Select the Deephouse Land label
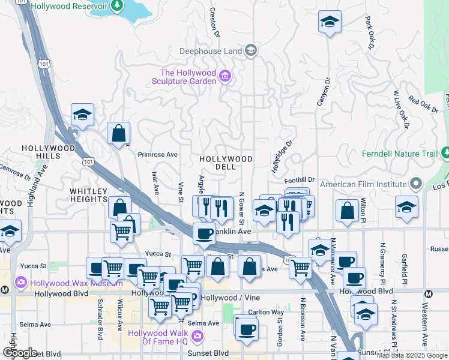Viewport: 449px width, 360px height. [x=211, y=51]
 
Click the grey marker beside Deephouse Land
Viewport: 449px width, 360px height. [x=251, y=50]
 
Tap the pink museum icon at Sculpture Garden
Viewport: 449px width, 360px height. [x=225, y=76]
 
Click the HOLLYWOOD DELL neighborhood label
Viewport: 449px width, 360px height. [x=226, y=163]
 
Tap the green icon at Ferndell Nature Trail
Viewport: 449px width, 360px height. [x=445, y=154]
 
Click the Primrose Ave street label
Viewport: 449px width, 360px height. [x=157, y=154]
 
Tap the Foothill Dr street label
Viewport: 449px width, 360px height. [x=300, y=179]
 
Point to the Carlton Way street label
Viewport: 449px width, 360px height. [x=266, y=312]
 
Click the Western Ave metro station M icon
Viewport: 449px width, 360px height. [x=429, y=293]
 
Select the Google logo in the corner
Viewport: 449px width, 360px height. [x=20, y=353]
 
